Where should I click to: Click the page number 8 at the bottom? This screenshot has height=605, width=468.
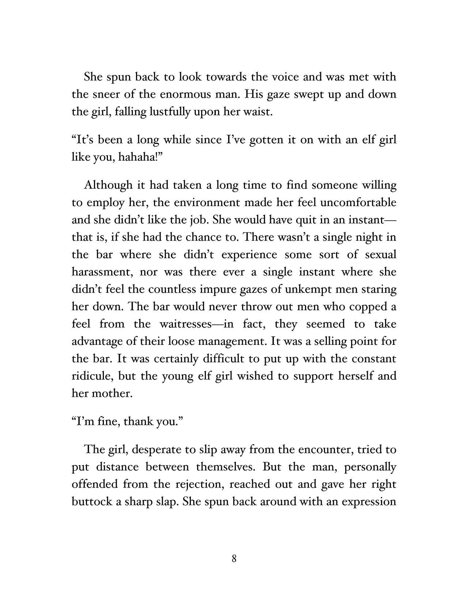pos(234,559)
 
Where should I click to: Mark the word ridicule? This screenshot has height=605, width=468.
pos(92,376)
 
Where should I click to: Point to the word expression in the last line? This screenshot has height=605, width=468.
pos(369,502)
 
